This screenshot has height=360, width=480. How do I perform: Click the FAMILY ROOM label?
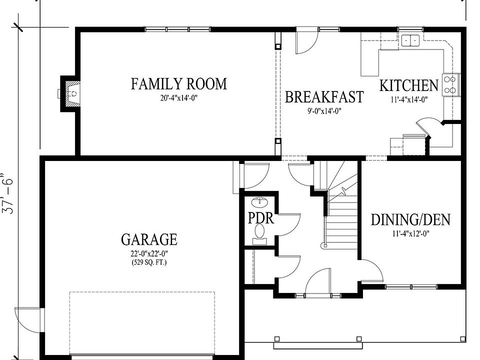point(179,84)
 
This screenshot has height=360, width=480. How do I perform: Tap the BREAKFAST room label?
point(324,96)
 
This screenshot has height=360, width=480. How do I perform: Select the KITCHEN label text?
point(409,85)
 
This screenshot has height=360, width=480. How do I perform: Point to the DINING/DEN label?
point(411,220)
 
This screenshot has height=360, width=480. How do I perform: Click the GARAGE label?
point(149,239)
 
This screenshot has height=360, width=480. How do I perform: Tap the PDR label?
point(260,218)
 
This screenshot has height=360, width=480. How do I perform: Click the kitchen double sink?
point(410,40)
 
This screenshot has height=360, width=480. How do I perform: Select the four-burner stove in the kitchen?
point(450,85)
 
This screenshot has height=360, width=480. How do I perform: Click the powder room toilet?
point(260,234)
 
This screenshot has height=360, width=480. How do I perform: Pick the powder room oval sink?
point(259,202)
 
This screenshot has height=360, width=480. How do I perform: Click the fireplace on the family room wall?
point(70,93)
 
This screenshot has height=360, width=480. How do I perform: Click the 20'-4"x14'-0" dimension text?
point(179,98)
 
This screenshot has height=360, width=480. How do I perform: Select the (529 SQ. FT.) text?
point(149,262)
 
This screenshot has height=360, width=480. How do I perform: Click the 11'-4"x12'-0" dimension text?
point(411,234)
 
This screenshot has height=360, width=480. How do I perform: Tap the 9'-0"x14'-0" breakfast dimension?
point(324,111)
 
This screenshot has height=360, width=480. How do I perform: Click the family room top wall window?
point(177,29)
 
